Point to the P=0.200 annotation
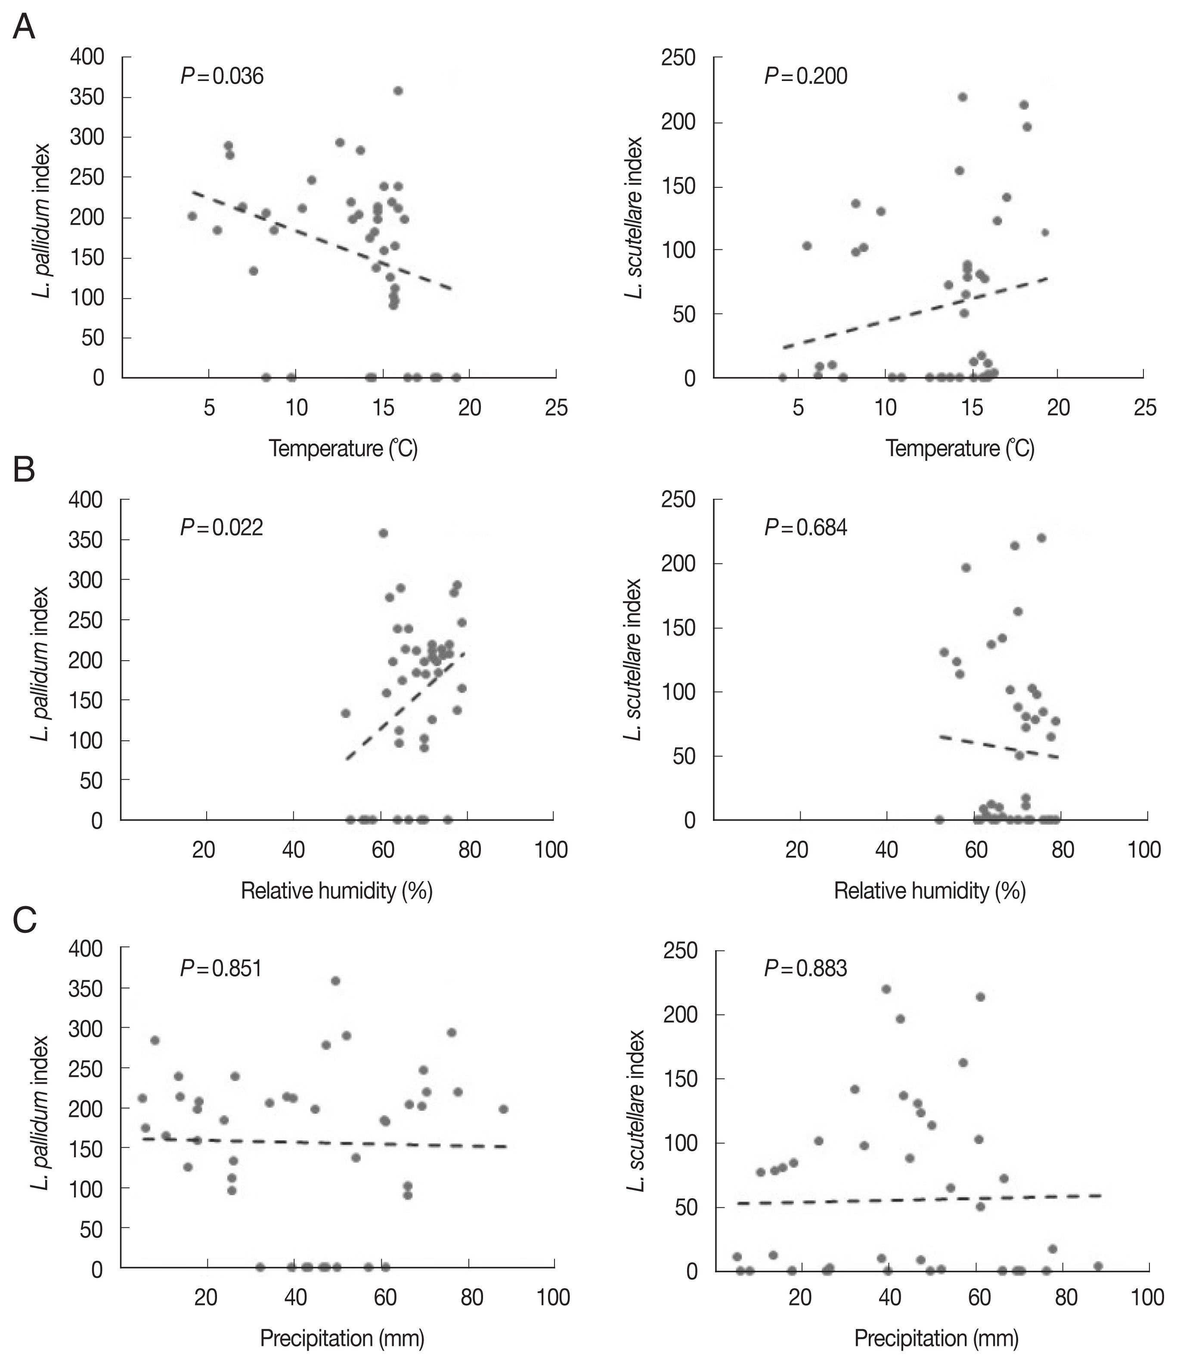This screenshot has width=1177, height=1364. click(x=805, y=76)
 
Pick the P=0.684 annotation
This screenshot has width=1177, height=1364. click(x=805, y=527)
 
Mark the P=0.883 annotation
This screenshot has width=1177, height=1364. click(x=805, y=969)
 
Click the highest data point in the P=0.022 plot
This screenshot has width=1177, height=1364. click(x=383, y=533)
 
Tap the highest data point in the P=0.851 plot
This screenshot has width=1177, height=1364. click(x=335, y=981)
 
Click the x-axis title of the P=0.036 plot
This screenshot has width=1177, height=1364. click(x=343, y=449)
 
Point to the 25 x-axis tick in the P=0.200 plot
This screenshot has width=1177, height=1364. click(x=1145, y=408)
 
